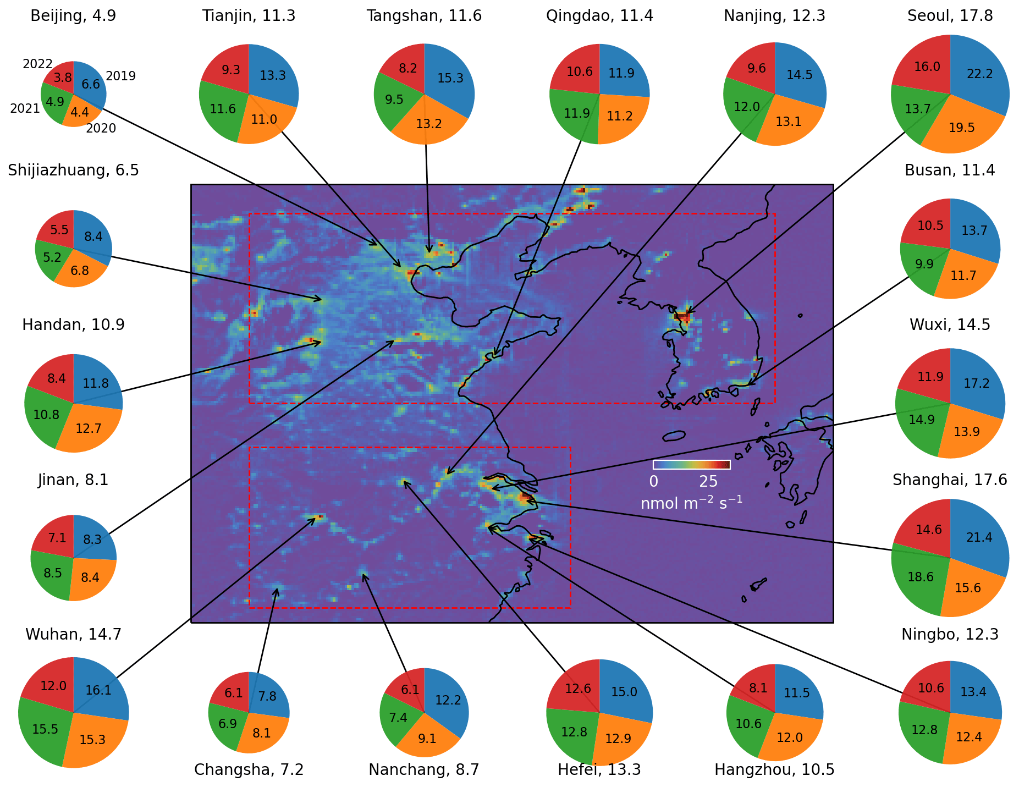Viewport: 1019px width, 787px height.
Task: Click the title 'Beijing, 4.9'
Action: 73,16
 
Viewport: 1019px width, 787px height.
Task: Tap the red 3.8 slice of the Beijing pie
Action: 62,78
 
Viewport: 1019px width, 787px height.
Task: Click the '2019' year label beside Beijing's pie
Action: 120,76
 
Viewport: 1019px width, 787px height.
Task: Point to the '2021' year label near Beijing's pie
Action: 25,108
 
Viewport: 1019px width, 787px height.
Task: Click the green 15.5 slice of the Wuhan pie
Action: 44,730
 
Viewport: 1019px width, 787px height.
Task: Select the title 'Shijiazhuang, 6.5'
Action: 73,170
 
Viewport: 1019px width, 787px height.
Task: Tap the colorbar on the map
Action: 691,465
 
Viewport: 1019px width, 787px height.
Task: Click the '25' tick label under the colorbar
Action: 708,482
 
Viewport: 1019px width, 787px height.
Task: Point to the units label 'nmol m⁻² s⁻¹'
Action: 691,503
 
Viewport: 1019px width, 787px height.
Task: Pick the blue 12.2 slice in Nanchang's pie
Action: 447,700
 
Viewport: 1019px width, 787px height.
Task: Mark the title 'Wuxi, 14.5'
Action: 950,325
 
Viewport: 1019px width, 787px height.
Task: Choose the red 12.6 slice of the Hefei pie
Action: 577,689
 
